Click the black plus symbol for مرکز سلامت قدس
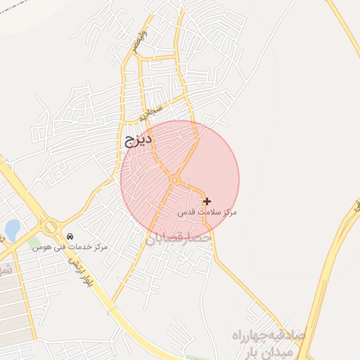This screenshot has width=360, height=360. click(207, 201)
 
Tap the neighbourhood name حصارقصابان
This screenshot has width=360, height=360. click(179, 239)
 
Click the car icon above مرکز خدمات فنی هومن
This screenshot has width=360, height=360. click(70, 236)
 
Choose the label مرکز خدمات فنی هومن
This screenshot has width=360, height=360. click(70, 247)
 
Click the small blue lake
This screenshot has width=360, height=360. click(13, 229)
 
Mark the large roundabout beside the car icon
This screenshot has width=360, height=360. click(51, 228)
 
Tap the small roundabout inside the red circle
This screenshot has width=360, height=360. click(174, 181)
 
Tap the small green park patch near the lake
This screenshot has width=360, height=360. click(34, 241)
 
